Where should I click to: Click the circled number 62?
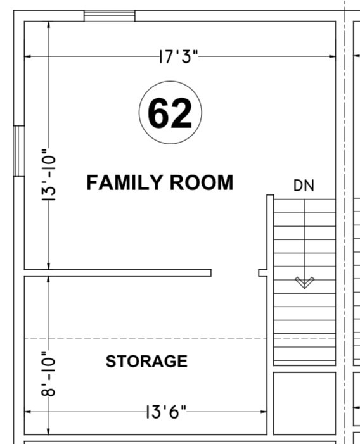pos(170,112)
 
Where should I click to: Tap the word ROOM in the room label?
pos(202,182)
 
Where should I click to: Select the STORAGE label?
pos(146,361)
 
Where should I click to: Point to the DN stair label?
pos(304,186)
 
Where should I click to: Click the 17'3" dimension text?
pos(179,56)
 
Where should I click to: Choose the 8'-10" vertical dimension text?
pos(48,374)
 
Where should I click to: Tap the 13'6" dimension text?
pos(167,412)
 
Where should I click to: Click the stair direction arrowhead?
pos(304,282)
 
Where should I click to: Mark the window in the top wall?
pos(110,16)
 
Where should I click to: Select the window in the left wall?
pos(19,151)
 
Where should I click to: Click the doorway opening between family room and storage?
pos(235,273)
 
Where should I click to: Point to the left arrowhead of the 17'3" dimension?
pos(28,56)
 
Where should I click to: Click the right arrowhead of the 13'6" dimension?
pos(264,412)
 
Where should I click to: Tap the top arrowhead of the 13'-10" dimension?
pos(49,25)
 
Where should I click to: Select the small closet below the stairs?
pos(304,403)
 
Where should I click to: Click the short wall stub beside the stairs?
pos(263,273)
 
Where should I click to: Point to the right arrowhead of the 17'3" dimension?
pos(333,56)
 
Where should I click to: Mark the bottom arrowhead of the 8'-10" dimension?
pos(48,431)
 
